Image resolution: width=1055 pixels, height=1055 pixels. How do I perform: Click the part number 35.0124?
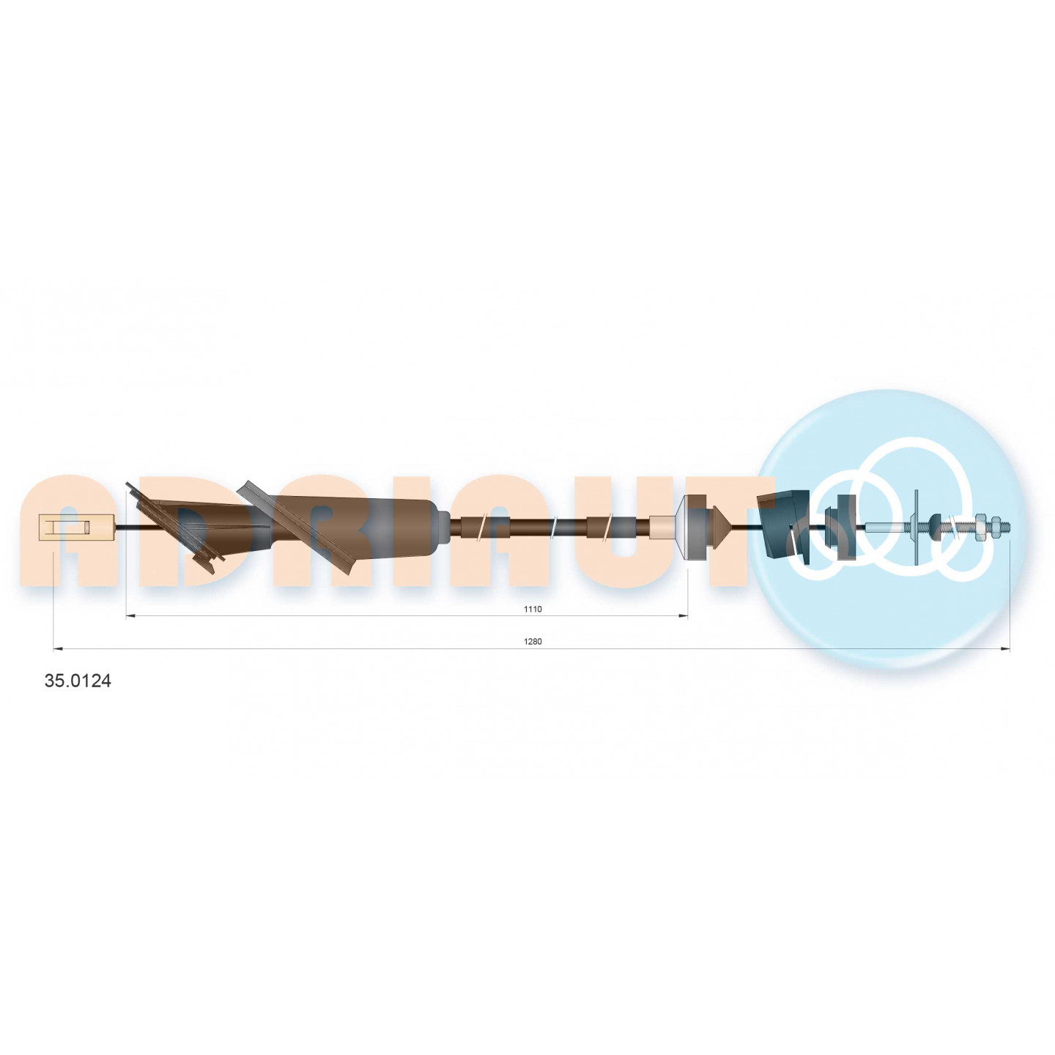tap(77, 681)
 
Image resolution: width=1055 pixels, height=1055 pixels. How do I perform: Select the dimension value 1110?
tap(532, 609)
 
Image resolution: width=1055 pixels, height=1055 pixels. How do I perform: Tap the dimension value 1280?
tap(532, 642)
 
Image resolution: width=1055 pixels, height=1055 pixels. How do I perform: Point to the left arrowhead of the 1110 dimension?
tap(130, 616)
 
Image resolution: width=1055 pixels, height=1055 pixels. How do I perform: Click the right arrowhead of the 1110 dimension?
tap(684, 616)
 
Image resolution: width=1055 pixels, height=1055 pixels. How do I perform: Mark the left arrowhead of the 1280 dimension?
tap(58, 649)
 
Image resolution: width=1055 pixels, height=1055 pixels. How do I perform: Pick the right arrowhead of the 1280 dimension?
tap(1005, 649)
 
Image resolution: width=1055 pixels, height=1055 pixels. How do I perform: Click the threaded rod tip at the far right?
tap(1007, 527)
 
